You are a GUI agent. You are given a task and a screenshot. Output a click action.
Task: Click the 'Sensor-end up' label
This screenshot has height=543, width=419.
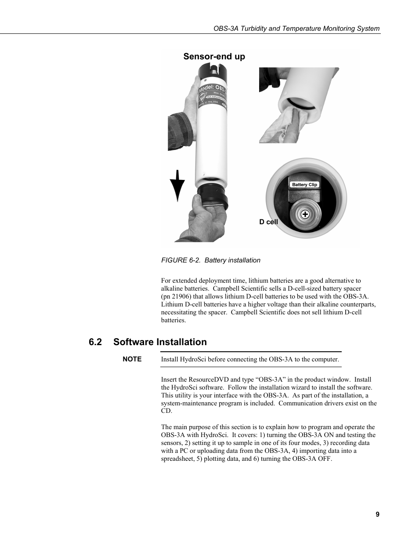coord(214,56)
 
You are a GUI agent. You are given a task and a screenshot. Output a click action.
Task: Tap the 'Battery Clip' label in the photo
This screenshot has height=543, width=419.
coord(304,185)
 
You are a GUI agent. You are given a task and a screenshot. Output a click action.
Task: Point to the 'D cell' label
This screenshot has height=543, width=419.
coord(268,222)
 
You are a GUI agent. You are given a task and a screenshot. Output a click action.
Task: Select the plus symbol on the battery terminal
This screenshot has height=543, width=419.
coord(305,215)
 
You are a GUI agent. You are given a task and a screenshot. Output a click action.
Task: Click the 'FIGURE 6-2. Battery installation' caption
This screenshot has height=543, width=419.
coord(210,260)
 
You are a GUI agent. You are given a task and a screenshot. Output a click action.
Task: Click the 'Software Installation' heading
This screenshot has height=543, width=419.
coord(160,342)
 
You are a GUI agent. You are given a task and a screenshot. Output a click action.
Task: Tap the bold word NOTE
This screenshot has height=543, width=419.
coord(132,359)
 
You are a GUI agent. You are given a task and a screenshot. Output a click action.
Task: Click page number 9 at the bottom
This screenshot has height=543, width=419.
coord(377,514)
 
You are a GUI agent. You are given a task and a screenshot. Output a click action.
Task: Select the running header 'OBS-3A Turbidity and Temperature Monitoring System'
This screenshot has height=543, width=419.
coord(296,29)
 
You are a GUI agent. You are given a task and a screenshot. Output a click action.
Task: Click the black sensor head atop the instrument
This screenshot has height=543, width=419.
coord(214,70)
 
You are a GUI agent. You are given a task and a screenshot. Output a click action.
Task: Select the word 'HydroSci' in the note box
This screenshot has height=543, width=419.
coord(193,359)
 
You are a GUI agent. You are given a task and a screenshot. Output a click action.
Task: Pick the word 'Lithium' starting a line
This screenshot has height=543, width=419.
coord(172,304)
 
